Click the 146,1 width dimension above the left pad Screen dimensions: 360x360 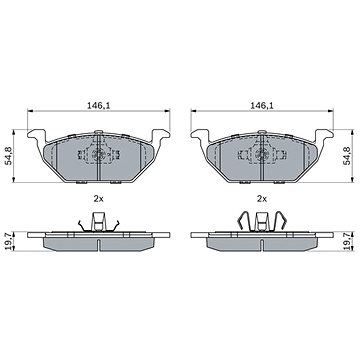click(99, 106)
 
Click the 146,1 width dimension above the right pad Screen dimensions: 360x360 click(262, 106)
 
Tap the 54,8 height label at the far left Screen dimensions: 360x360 click(10, 156)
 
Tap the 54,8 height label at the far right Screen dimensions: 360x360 click(347, 156)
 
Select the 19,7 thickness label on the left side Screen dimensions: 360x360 click(10, 241)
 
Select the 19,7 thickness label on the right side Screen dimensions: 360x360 click(347, 241)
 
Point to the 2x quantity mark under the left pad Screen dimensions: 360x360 click(99, 199)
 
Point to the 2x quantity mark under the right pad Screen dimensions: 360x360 click(262, 199)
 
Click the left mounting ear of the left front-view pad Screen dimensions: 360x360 click(37, 135)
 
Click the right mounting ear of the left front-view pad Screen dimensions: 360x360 click(161, 135)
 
